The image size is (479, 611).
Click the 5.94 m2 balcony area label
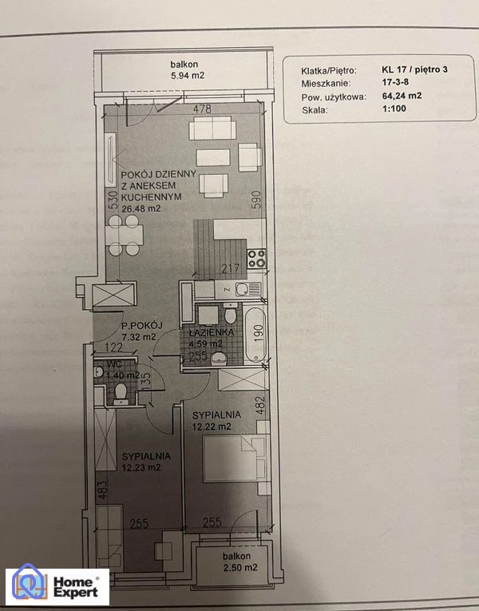click(188, 76)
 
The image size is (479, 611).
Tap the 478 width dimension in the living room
click(203, 109)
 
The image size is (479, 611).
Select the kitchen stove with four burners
click(257, 259)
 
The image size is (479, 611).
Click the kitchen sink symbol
click(242, 289)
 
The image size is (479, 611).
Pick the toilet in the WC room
click(121, 392)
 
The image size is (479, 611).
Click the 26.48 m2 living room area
click(141, 208)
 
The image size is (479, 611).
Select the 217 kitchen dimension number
click(231, 268)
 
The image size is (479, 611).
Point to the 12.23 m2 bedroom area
click(141, 467)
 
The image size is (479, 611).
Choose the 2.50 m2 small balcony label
click(239, 568)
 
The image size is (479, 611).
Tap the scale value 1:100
click(394, 109)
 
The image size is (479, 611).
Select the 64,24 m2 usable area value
click(402, 96)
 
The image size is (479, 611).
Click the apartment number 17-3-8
click(395, 82)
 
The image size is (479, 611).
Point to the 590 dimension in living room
click(256, 200)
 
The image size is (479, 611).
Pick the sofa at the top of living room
click(212, 128)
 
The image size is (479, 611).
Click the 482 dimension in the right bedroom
click(261, 405)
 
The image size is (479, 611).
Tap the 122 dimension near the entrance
click(113, 347)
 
